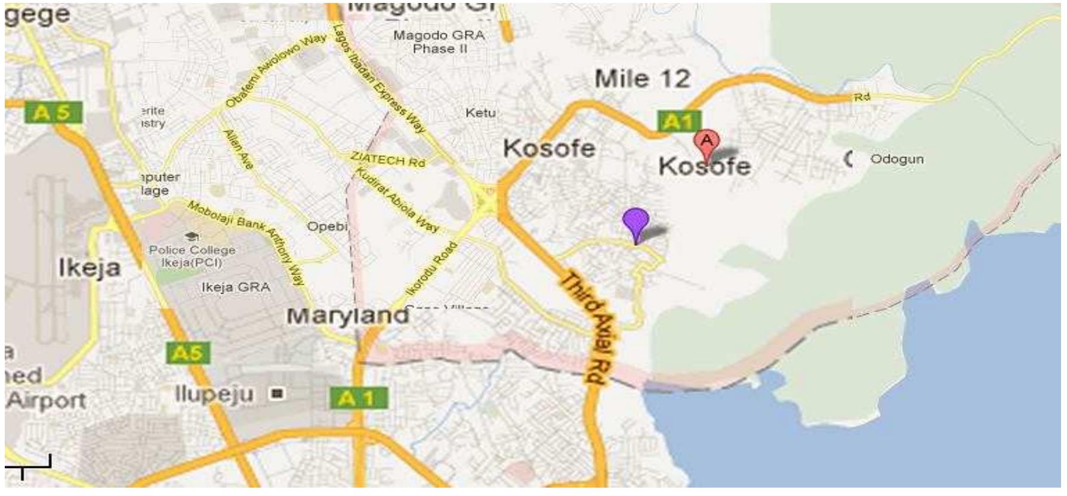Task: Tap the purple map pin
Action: pyautogui.click(x=636, y=221)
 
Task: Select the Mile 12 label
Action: pyautogui.click(x=642, y=79)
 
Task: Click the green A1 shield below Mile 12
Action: pyautogui.click(x=679, y=122)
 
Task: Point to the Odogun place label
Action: pyautogui.click(x=896, y=159)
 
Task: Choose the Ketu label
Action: pyautogui.click(x=480, y=113)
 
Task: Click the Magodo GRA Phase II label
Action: pyautogui.click(x=439, y=42)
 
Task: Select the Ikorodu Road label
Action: pyautogui.click(x=431, y=268)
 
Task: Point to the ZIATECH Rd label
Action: pyautogui.click(x=387, y=159)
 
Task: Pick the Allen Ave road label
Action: pyautogui.click(x=238, y=149)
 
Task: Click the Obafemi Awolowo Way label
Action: pyautogui.click(x=276, y=70)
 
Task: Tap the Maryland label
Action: pyautogui.click(x=348, y=315)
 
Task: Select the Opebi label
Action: pyautogui.click(x=327, y=227)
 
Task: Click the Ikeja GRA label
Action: pyautogui.click(x=236, y=287)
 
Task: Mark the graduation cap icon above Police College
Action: pyautogui.click(x=192, y=237)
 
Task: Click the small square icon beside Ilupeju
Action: pyautogui.click(x=276, y=393)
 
